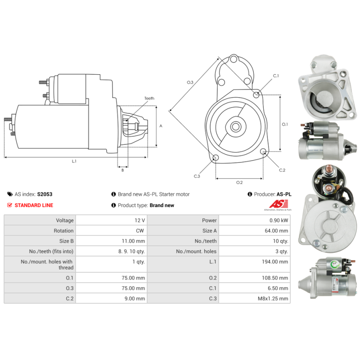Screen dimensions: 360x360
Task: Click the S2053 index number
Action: [45, 194]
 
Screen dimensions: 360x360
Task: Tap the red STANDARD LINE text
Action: [34, 205]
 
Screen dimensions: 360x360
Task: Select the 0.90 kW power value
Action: [279, 220]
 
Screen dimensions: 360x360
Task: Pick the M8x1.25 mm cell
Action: [273, 298]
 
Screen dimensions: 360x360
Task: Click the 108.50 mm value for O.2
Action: [277, 278]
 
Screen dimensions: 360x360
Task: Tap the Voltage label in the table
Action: [65, 220]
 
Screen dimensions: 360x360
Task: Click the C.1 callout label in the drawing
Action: [276, 76]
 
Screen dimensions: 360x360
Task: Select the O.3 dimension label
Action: [190, 82]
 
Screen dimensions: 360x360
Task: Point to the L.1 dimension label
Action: [74, 161]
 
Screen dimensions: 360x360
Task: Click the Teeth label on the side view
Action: [149, 98]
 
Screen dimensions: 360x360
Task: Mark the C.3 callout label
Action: [197, 176]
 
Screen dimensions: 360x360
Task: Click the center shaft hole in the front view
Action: [235, 126]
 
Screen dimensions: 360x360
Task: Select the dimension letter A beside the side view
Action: [161, 126]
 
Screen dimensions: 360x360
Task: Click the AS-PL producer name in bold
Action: [284, 194]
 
